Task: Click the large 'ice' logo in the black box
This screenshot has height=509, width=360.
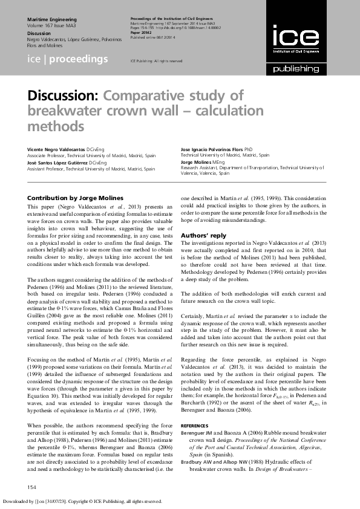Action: coord(295,38)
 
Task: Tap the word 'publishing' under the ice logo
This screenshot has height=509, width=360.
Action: coord(295,69)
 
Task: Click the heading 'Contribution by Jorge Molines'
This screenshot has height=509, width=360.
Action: coord(75,198)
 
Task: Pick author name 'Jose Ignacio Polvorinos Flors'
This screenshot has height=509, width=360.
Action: coord(211,149)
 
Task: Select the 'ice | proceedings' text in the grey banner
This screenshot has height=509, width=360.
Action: coord(68,59)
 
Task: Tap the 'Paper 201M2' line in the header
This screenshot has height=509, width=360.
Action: coord(142,33)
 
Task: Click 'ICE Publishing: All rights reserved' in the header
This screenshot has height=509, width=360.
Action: coord(157,61)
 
